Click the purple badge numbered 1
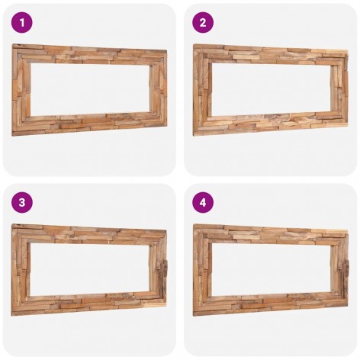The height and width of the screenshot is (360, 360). click(x=22, y=22)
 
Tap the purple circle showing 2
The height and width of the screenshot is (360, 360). click(x=203, y=22)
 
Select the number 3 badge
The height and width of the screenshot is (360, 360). click(x=22, y=202)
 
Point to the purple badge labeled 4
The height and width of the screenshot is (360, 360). click(x=203, y=202)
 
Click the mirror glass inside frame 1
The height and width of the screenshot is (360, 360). click(x=90, y=89)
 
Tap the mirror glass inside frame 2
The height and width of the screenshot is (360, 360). click(x=272, y=89)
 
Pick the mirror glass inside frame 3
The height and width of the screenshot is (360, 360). click(x=90, y=269)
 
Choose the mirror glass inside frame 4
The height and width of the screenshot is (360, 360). click(x=272, y=269)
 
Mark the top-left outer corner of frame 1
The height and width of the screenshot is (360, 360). click(x=13, y=44)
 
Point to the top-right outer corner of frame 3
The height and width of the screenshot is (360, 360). click(x=166, y=230)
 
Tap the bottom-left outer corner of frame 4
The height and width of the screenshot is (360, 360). click(x=194, y=316)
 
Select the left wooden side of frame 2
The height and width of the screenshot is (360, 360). click(x=202, y=89)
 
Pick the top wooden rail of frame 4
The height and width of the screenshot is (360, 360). click(x=271, y=234)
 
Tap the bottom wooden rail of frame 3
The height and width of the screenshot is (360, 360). click(x=89, y=304)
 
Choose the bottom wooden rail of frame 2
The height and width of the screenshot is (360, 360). click(x=271, y=124)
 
